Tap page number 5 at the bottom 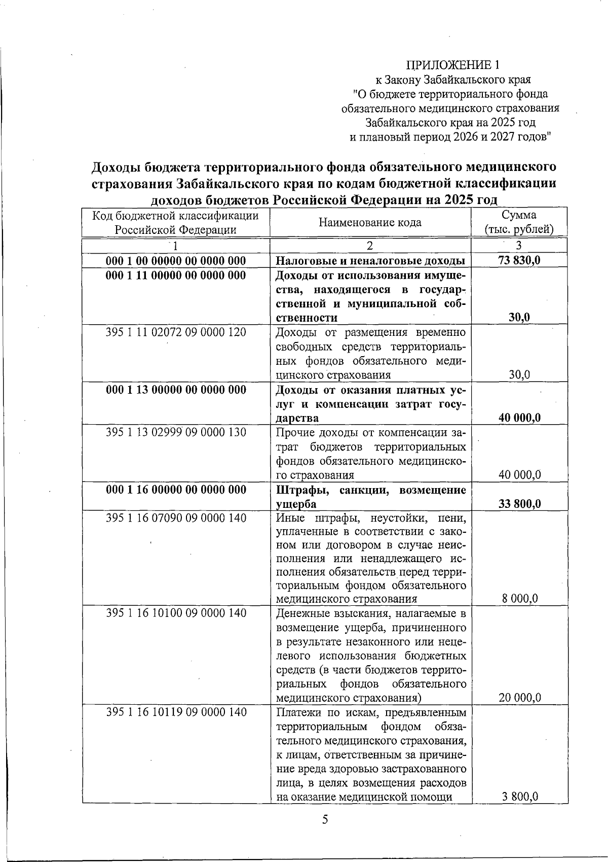[325, 819]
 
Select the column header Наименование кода [370, 222]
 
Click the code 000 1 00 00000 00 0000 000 [176, 261]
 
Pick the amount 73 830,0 [519, 261]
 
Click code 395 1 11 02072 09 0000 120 [176, 332]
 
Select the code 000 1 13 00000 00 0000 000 [176, 390]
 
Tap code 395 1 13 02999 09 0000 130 [176, 432]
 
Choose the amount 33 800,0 [520, 504]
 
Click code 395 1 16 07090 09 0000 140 [176, 518]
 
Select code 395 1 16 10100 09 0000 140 [176, 613]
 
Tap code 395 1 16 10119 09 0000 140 [176, 712]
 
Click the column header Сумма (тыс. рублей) [519, 222]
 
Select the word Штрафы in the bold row [298, 490]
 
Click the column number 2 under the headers [370, 246]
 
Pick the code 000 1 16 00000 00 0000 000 [176, 490]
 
